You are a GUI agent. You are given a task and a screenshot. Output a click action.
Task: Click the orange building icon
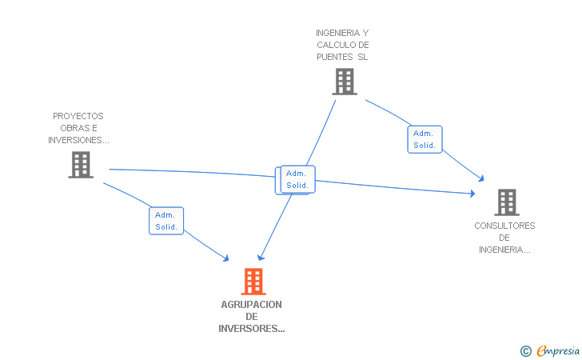tap(253, 281)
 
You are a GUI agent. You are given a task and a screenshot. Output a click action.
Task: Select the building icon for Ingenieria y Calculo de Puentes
tap(344, 82)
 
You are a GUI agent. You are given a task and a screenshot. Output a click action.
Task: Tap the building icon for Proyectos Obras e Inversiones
tap(80, 165)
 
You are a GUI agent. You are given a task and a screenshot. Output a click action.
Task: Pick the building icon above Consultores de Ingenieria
tap(506, 202)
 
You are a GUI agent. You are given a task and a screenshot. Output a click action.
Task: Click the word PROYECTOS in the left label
tap(78, 116)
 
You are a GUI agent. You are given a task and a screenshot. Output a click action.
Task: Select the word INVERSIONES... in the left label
tap(78, 140)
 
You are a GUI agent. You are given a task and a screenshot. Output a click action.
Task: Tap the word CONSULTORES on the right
tap(504, 226)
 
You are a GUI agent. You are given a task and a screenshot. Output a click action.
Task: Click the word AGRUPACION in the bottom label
tap(252, 304)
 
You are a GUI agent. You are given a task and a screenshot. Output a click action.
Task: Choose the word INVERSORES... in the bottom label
tap(252, 328)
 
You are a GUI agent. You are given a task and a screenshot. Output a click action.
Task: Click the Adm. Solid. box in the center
tap(297, 180)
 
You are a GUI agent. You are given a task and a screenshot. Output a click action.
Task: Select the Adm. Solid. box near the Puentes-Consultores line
tap(424, 139)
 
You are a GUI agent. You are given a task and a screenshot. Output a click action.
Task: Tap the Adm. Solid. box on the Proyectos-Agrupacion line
tap(166, 221)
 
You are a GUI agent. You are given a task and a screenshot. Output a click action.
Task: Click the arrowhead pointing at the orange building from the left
tap(226, 258)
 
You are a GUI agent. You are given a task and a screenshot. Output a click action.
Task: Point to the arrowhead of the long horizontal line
tap(472, 193)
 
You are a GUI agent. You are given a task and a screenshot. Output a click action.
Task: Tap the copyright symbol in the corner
tap(525, 350)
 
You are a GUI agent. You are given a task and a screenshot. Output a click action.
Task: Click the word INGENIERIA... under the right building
tap(504, 250)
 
